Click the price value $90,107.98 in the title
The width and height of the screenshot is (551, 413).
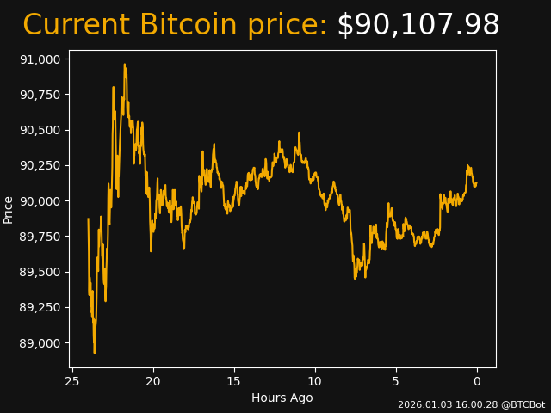pyautogui.click(x=418, y=26)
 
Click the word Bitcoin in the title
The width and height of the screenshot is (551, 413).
pyautogui.click(x=189, y=26)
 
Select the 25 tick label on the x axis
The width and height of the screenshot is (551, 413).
pyautogui.click(x=72, y=381)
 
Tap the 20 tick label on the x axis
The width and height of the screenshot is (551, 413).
pyautogui.click(x=153, y=381)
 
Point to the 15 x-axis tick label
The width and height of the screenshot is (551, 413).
pyautogui.click(x=234, y=381)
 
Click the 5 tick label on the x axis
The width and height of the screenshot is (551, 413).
pyautogui.click(x=396, y=381)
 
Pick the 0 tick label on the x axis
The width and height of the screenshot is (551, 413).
pyautogui.click(x=477, y=381)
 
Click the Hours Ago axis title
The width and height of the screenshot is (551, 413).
pyautogui.click(x=282, y=398)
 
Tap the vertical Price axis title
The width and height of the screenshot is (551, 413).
pyautogui.click(x=9, y=209)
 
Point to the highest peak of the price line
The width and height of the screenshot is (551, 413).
pyautogui.click(x=124, y=65)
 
